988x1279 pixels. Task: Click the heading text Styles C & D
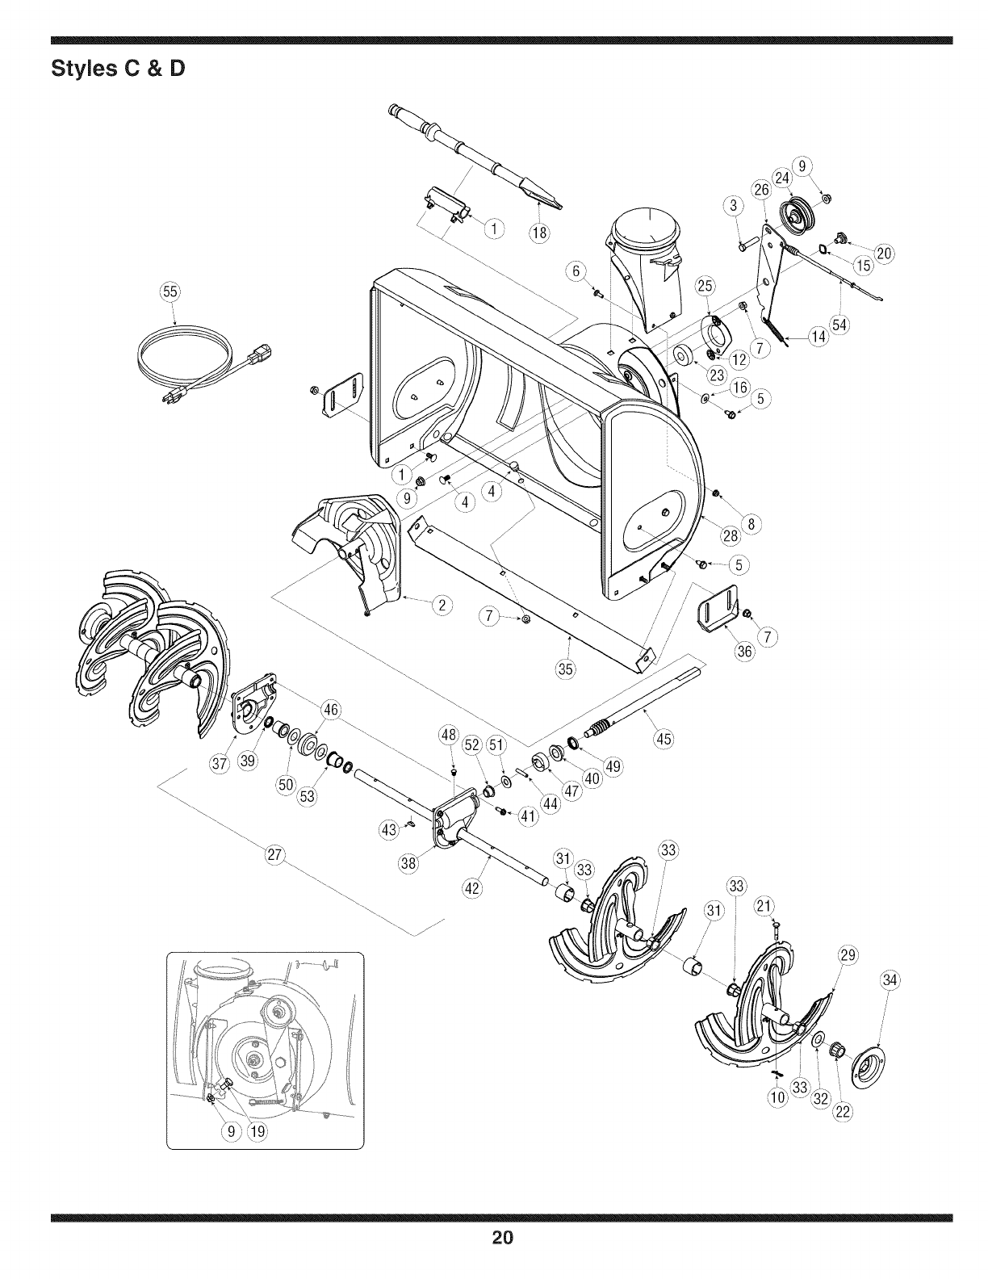tap(118, 69)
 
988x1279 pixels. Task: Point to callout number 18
tap(538, 234)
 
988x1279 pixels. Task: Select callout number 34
tap(890, 981)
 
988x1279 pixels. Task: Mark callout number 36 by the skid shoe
tap(745, 651)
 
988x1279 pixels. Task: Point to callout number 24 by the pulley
tap(782, 178)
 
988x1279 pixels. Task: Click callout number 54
tap(840, 325)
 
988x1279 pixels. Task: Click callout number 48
tap(449, 735)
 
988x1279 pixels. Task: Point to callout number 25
tap(705, 285)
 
